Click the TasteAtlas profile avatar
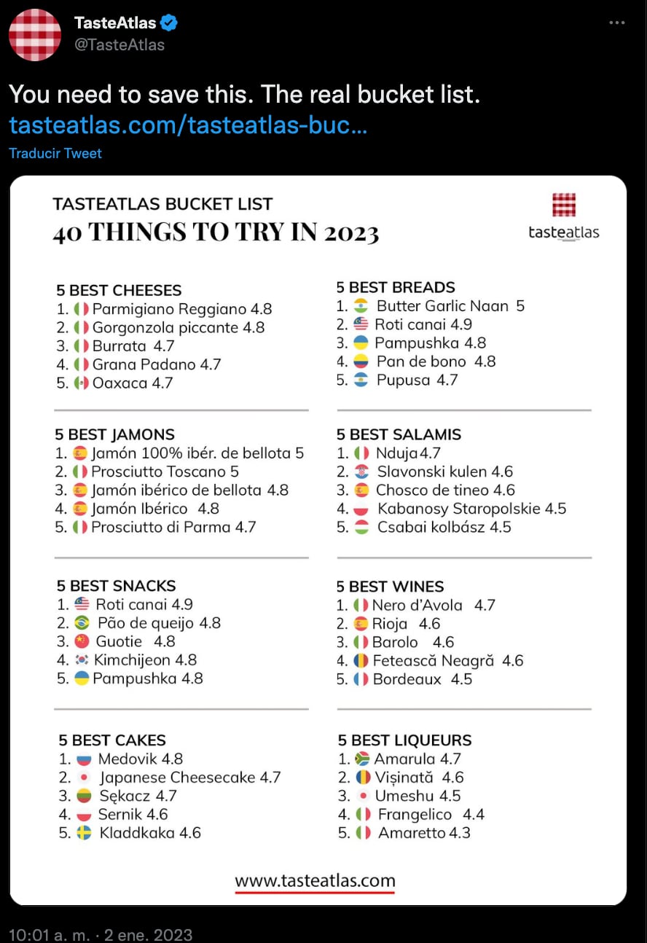[35, 35]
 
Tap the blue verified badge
[170, 23]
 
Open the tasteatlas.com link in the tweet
[188, 125]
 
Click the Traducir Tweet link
[55, 153]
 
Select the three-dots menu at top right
[616, 23]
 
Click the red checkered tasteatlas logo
[564, 205]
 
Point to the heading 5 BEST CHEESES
[119, 290]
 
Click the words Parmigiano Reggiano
[170, 309]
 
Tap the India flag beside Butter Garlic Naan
[361, 306]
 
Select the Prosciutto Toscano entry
[165, 471]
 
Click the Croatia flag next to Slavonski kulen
[361, 471]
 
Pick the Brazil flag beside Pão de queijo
[82, 623]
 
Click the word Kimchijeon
[135, 660]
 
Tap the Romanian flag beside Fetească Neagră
[361, 661]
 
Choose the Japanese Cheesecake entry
[178, 778]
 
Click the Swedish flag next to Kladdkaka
[84, 833]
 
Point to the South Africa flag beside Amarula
[362, 759]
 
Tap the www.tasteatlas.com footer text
[315, 880]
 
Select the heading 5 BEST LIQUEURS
[404, 740]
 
